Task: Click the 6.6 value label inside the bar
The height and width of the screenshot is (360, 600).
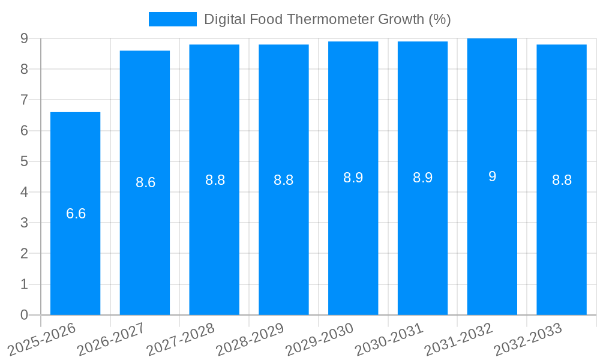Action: click(76, 214)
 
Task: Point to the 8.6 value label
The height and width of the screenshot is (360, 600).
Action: click(145, 182)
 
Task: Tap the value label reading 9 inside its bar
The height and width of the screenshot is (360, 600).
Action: click(492, 176)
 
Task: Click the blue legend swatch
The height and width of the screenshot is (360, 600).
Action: click(172, 19)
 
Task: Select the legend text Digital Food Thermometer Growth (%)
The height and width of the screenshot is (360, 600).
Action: click(327, 19)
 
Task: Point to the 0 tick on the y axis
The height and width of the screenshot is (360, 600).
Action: click(24, 315)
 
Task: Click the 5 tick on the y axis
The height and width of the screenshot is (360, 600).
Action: click(24, 161)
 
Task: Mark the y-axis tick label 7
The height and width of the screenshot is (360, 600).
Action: click(24, 100)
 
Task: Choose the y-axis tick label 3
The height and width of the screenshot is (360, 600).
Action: click(24, 223)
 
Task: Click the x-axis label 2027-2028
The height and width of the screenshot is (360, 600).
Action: click(180, 340)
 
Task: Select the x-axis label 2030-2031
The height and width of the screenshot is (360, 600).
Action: click(388, 340)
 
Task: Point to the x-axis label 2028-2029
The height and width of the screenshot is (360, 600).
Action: click(250, 340)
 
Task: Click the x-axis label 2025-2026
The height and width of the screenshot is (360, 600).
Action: click(41, 340)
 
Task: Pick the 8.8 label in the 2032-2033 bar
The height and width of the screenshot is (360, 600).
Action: click(562, 180)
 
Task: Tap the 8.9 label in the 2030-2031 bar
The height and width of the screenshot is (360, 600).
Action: click(422, 178)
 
